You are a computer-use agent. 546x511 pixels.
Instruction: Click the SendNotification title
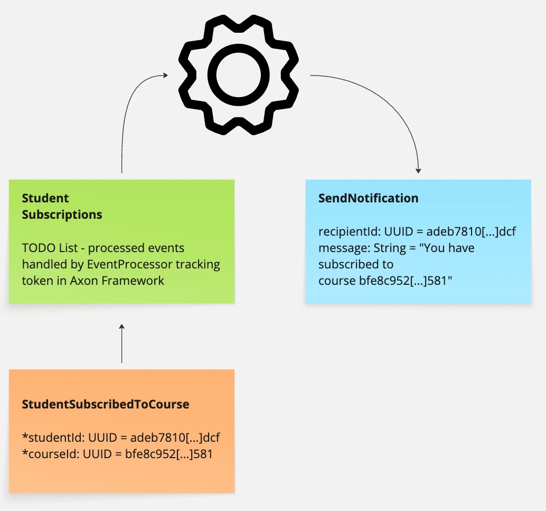[x=368, y=198]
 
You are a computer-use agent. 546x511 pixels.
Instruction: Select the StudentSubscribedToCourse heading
[x=105, y=404]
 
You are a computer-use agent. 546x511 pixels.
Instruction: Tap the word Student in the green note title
[x=45, y=198]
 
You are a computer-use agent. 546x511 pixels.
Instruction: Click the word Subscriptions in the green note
[x=62, y=215]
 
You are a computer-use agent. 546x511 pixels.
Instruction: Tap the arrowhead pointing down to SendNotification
[x=418, y=170]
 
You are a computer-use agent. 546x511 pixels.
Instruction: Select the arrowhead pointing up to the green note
[x=122, y=328]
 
